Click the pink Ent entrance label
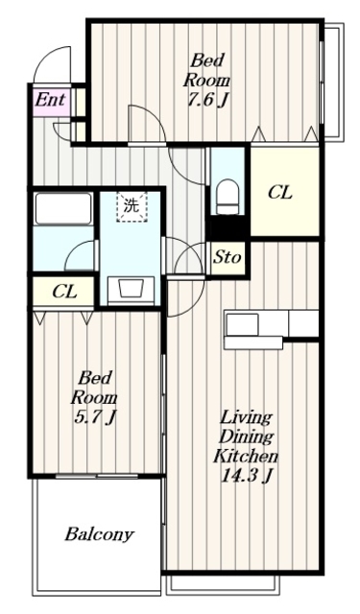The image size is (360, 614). click(x=50, y=100)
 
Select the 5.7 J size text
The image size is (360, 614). click(x=94, y=418)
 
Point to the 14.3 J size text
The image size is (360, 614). click(x=247, y=476)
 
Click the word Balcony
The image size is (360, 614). click(x=99, y=534)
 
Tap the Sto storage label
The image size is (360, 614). click(x=227, y=258)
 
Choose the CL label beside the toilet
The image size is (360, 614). click(x=279, y=193)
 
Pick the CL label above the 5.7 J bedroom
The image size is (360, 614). click(x=64, y=292)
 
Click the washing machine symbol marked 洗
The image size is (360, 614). click(x=132, y=206)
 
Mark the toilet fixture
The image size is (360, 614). click(x=228, y=196)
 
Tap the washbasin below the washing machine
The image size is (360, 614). click(x=131, y=290)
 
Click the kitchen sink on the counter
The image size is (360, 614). click(x=243, y=323)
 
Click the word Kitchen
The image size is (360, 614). click(x=245, y=456)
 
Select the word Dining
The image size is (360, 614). click(x=246, y=437)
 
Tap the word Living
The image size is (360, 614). click(x=246, y=418)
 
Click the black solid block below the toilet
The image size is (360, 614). click(x=228, y=227)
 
